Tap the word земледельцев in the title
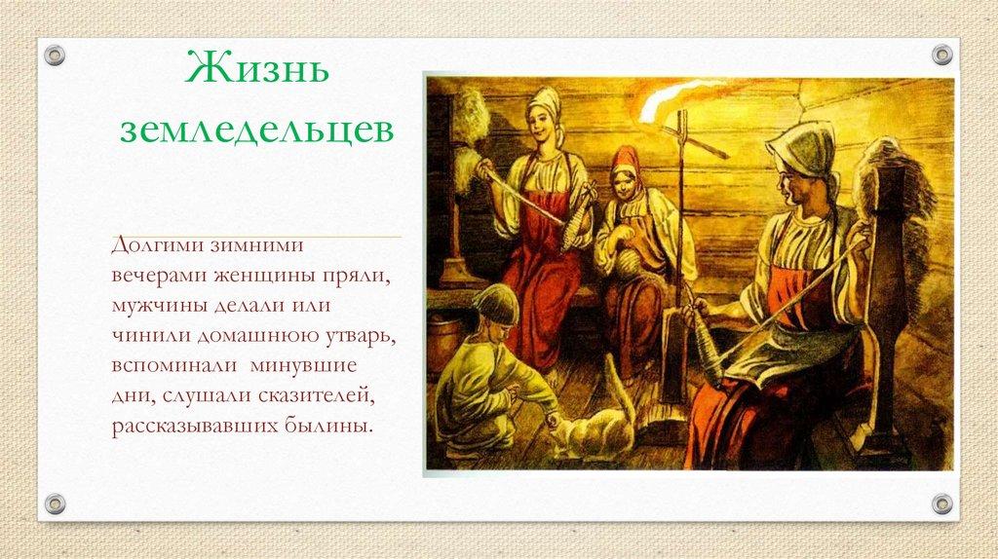point(256,130)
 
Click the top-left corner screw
point(55,55)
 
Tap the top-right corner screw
point(941,55)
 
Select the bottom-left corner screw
point(55,503)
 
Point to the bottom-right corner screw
point(941,503)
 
